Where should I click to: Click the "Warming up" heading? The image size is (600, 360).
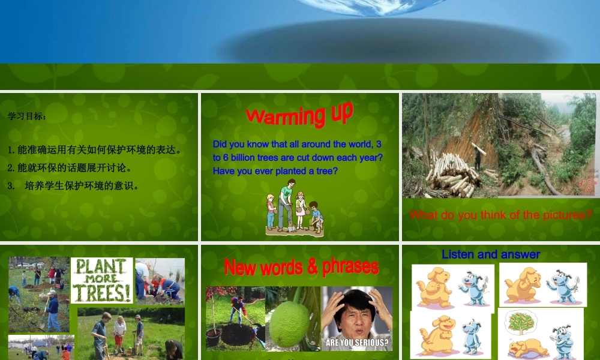(x=299, y=114)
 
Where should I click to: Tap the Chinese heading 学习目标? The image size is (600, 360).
(x=27, y=116)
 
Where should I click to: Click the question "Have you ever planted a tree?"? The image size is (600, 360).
(x=275, y=171)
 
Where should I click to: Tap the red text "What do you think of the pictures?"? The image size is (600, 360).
(x=500, y=215)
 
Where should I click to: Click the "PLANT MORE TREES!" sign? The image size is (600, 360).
(x=101, y=280)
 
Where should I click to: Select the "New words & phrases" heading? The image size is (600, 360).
(x=301, y=266)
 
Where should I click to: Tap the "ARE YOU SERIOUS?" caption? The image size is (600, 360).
(x=357, y=344)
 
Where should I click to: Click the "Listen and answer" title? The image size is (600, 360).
(x=491, y=254)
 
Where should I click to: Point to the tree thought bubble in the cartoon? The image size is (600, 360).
(x=521, y=322)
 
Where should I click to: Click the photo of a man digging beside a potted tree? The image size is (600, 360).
(x=235, y=318)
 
